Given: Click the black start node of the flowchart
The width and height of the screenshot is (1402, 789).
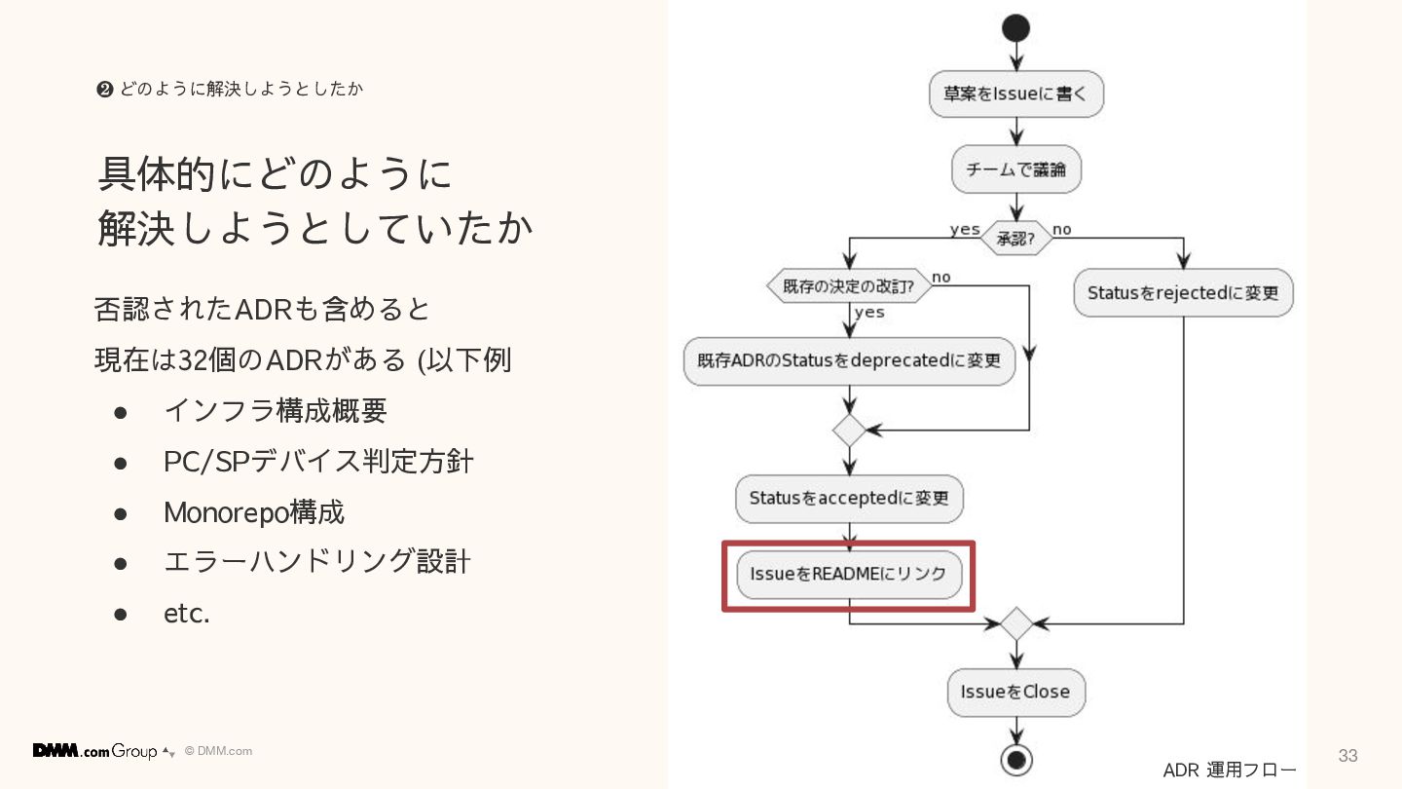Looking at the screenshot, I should tap(1015, 28).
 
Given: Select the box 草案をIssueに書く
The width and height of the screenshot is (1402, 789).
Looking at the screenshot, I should tap(1015, 94).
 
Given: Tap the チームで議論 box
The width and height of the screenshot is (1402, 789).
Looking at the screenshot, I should tap(1015, 169).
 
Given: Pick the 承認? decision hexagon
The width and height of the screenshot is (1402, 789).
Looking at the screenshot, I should tap(1015, 238).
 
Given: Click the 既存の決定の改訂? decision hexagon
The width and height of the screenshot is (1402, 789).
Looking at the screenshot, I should tap(849, 286).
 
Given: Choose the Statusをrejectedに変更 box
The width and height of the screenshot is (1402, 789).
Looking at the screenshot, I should tap(1183, 292).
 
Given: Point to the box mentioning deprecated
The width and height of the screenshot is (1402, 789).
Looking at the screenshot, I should tap(849, 360).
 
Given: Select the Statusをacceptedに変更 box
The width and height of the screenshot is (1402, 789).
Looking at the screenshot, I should tap(849, 498).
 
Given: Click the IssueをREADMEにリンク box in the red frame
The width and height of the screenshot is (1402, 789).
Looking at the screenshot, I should tap(849, 575).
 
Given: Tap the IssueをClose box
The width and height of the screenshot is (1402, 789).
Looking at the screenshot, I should tap(1015, 692).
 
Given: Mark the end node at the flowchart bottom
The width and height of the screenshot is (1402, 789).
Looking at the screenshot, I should tap(1015, 759).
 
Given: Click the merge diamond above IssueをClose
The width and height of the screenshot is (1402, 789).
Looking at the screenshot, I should tap(1015, 623).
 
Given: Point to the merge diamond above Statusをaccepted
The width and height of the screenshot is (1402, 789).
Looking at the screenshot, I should tap(849, 430).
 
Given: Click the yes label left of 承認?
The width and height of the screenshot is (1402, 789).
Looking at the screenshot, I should tap(965, 229).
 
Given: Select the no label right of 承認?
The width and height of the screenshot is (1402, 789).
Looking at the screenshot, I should tap(1061, 230).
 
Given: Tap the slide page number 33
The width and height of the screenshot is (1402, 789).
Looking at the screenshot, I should tap(1347, 756).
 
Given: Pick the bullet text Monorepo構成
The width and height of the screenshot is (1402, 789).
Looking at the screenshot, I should tap(254, 512).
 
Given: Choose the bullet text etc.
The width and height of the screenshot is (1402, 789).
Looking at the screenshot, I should tap(187, 614).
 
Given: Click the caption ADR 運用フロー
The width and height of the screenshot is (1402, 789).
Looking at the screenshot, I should tap(1230, 770).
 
